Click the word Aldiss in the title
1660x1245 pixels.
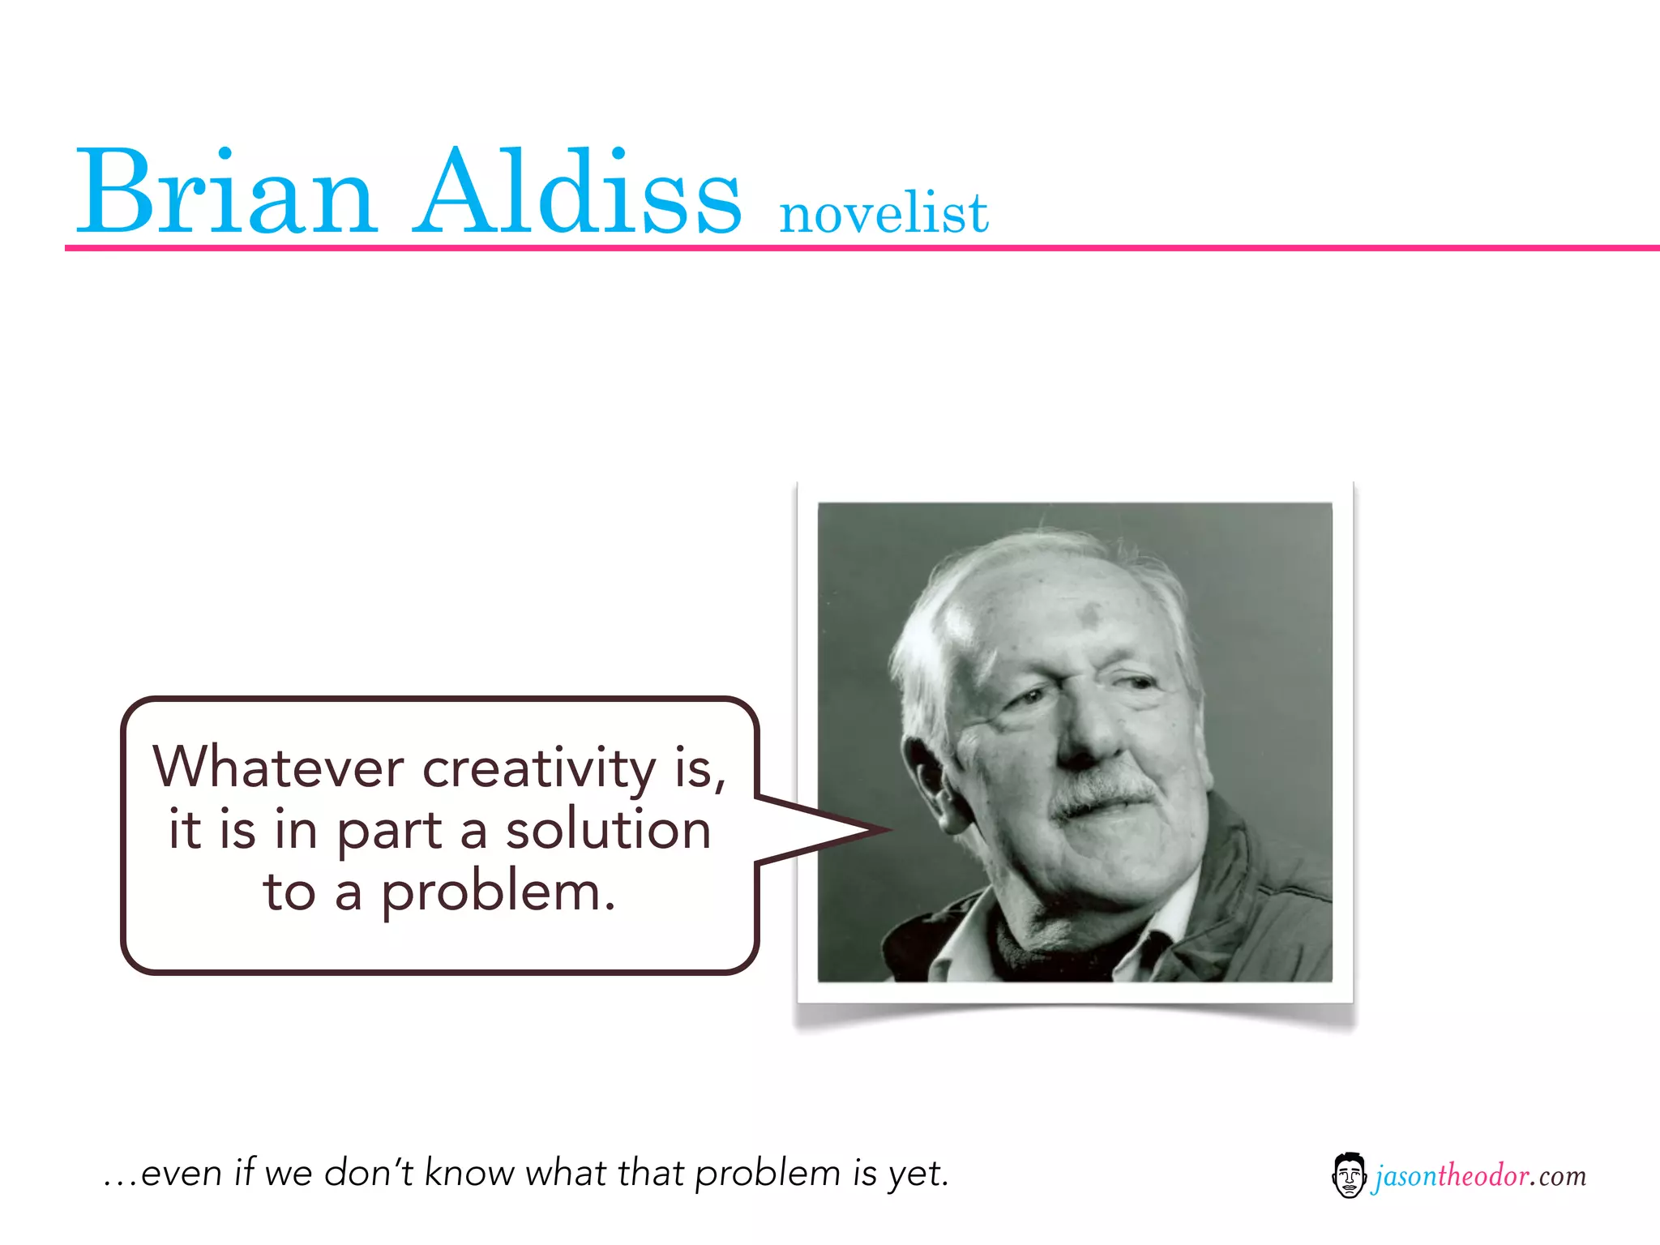[x=579, y=193]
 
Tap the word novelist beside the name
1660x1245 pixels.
[x=883, y=214]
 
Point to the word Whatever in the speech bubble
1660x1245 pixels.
[x=278, y=767]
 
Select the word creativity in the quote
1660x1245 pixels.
[x=539, y=768]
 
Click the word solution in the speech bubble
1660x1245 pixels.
[x=608, y=830]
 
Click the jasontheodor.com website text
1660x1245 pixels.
[x=1480, y=1175]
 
